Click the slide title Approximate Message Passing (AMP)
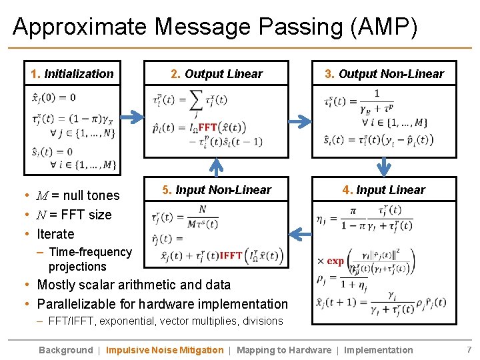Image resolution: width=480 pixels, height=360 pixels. [215, 27]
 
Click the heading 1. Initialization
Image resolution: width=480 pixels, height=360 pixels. [72, 74]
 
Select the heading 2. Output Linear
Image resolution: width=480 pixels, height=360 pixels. [217, 74]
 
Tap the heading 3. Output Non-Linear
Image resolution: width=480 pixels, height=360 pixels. [384, 74]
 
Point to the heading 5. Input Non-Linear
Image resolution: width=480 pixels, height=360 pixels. [217, 190]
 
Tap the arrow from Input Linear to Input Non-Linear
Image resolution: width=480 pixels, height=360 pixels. [301, 234]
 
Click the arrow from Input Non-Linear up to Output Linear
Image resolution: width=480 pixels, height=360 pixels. [217, 167]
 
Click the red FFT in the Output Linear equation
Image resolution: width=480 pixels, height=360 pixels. [208, 127]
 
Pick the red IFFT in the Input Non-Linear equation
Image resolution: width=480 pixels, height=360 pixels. [231, 255]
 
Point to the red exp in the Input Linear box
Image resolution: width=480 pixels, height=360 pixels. [335, 261]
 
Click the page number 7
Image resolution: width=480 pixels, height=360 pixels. [469, 350]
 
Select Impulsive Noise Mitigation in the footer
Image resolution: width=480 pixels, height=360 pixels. [165, 350]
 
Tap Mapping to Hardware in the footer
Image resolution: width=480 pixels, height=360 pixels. [284, 350]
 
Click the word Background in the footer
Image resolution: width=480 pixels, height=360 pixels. [65, 350]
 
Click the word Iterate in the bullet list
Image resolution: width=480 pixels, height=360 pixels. [55, 234]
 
